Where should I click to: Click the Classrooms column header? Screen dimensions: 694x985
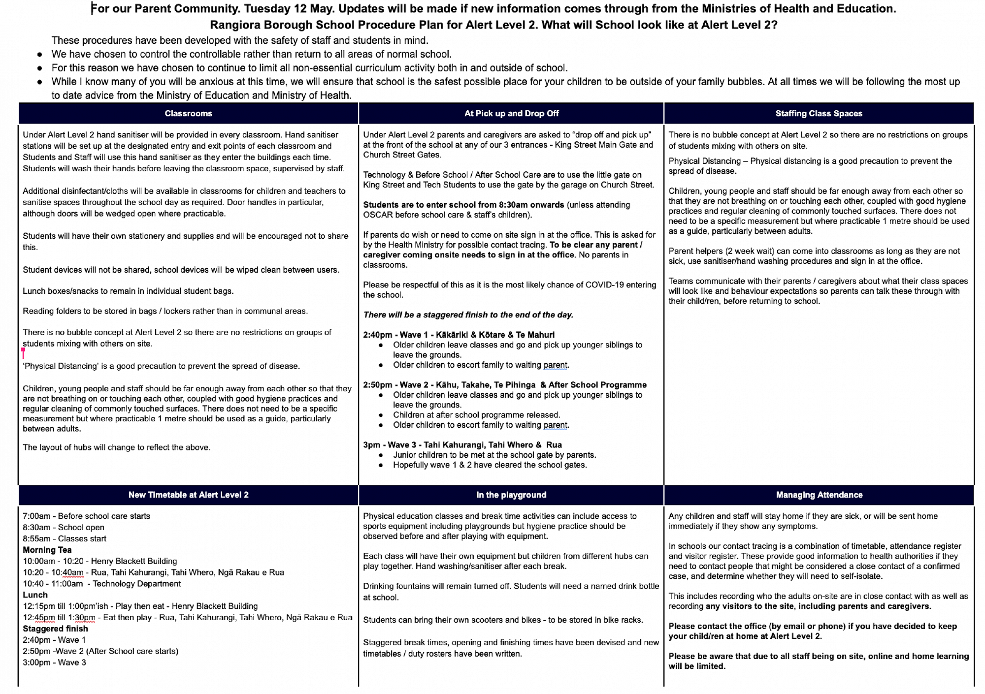point(188,113)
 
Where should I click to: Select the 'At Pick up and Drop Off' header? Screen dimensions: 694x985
point(511,113)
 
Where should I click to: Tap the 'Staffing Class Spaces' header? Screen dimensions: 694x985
point(819,113)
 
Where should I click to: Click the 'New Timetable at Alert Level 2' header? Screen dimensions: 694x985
point(188,495)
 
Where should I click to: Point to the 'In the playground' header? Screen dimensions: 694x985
point(511,495)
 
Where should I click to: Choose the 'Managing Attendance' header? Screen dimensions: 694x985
point(819,495)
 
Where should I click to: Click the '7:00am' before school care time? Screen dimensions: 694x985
point(36,516)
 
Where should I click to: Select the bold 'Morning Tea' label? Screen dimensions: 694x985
point(47,550)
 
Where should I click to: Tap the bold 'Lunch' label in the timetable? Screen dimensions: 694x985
point(35,595)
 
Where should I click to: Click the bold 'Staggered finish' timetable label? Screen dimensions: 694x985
point(55,629)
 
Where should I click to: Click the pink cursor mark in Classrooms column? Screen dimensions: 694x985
point(23,352)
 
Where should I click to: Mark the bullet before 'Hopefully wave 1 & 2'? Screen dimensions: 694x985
point(381,465)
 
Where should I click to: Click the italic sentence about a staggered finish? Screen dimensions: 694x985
point(468,315)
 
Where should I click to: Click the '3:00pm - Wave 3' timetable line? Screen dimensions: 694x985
point(54,662)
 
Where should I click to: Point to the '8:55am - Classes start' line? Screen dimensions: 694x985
point(65,538)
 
